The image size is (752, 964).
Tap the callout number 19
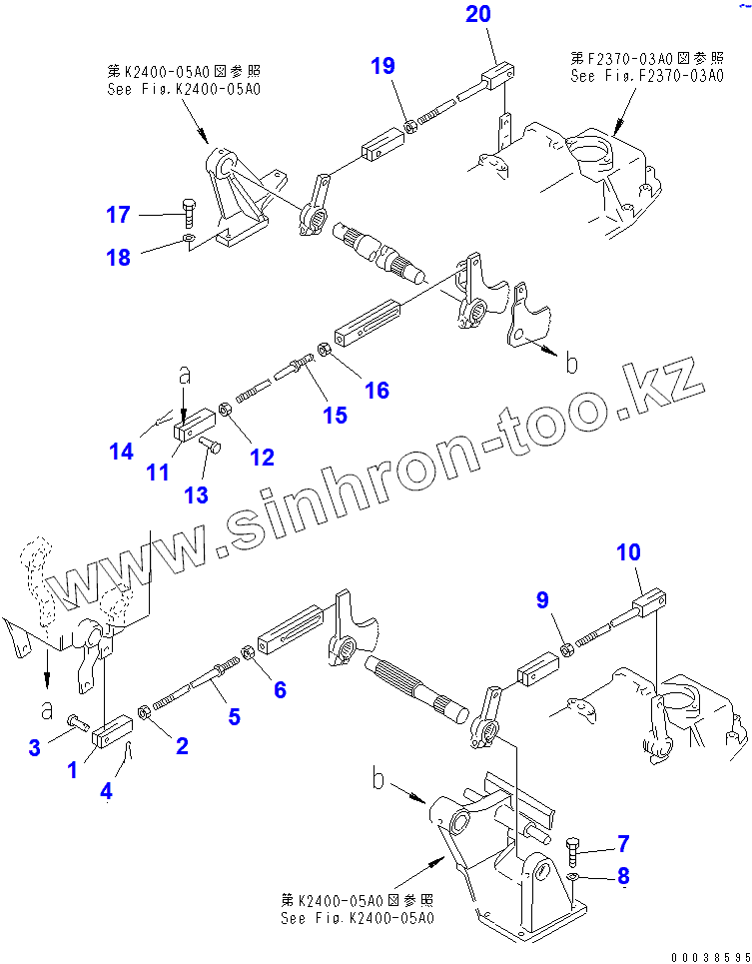click(x=382, y=67)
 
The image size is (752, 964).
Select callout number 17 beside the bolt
click(x=119, y=214)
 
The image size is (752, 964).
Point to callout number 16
click(x=376, y=390)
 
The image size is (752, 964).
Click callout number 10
click(x=628, y=551)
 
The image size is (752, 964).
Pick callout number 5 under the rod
click(x=234, y=715)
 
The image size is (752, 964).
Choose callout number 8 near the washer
click(x=623, y=877)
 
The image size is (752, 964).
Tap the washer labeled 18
click(x=189, y=240)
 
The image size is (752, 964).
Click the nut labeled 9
click(x=565, y=649)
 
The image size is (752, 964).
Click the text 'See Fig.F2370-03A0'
click(x=647, y=75)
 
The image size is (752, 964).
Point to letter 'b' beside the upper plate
click(x=571, y=364)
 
